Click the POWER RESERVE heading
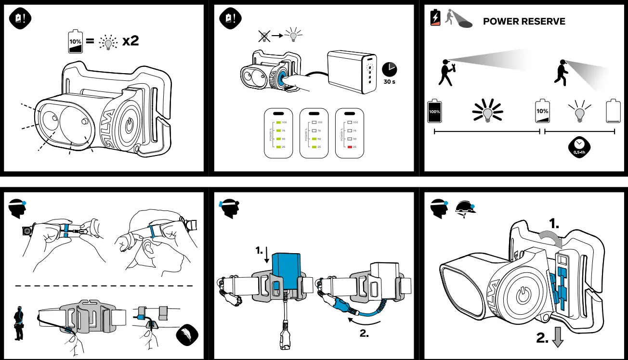pyautogui.click(x=524, y=22)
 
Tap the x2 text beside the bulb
pyautogui.click(x=130, y=41)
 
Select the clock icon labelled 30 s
pyautogui.click(x=390, y=69)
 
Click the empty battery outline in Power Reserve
pyautogui.click(x=613, y=111)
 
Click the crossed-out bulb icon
pyautogui.click(x=263, y=36)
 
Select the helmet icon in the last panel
pyautogui.click(x=466, y=207)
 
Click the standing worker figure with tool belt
pyautogui.click(x=19, y=323)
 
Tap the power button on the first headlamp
pyautogui.click(x=129, y=126)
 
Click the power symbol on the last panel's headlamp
pyautogui.click(x=523, y=296)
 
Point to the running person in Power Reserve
pyautogui.click(x=560, y=73)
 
